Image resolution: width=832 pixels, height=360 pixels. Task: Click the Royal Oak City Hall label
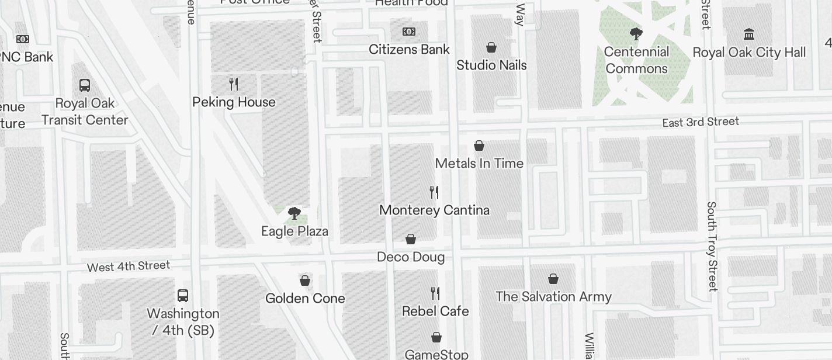749,53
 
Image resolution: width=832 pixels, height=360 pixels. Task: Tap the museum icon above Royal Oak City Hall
749,34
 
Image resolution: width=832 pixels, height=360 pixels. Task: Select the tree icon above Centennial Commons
636,34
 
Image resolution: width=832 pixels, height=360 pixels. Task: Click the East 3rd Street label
701,122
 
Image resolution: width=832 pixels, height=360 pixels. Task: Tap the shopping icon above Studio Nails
492,47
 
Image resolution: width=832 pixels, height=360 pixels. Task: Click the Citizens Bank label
409,50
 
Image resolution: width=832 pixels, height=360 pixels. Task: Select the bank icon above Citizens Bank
409,32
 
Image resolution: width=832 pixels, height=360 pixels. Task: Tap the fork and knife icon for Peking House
234,84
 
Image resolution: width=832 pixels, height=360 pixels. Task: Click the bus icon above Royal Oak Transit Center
85,85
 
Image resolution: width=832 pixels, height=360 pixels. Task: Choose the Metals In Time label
479,164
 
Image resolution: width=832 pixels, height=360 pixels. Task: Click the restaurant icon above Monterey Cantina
434,192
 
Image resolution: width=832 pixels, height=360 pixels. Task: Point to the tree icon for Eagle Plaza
294,213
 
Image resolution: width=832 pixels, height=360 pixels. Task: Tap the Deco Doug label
411,257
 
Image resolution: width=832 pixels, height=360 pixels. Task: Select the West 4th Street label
129,266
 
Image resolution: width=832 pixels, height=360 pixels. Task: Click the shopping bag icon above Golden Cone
305,281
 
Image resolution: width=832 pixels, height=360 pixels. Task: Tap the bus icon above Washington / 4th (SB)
183,295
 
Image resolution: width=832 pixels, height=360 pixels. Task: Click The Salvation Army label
553,297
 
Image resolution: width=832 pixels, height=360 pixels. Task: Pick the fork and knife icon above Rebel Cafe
435,293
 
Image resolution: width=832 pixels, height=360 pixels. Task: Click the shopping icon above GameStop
436,337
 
